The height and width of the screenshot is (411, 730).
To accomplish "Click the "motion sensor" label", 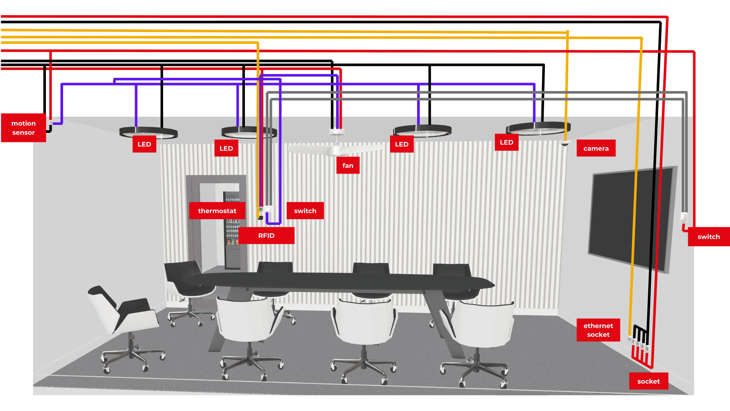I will pyautogui.click(x=24, y=128).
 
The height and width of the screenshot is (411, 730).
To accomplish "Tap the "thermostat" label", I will pyautogui.click(x=217, y=211).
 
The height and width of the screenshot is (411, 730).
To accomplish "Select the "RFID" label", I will pyautogui.click(x=266, y=236).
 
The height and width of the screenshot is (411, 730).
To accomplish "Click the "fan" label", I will pyautogui.click(x=348, y=166).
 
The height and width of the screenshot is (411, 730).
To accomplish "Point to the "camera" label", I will pyautogui.click(x=596, y=148).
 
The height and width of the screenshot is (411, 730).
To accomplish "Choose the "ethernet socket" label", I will pyautogui.click(x=598, y=330).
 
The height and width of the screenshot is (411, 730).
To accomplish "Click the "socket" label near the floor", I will pyautogui.click(x=648, y=381).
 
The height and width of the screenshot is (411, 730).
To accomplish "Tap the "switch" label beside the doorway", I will pyautogui.click(x=305, y=211).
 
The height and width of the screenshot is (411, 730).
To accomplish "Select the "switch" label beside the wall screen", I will pyautogui.click(x=708, y=237).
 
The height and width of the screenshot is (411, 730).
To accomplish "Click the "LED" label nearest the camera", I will pyautogui.click(x=506, y=142).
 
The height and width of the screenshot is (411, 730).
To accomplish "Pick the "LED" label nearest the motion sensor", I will pyautogui.click(x=144, y=144).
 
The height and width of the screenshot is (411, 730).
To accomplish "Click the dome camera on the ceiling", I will pyautogui.click(x=565, y=143).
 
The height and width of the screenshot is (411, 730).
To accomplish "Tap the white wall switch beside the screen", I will pyautogui.click(x=684, y=218).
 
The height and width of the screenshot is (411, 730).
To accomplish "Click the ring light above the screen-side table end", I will pyautogui.click(x=538, y=128).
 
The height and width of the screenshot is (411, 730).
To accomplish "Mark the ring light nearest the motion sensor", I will pyautogui.click(x=148, y=132).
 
